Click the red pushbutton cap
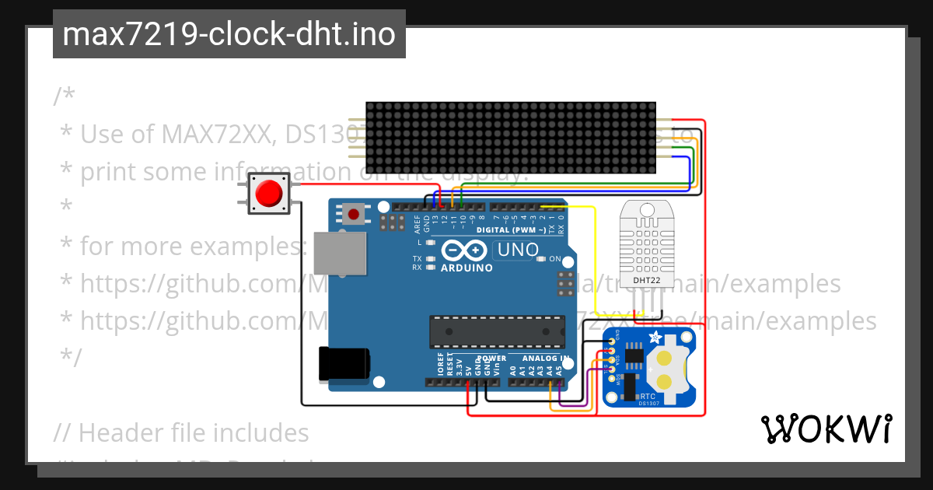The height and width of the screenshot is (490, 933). click(x=269, y=192)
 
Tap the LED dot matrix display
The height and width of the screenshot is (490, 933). click(x=512, y=138)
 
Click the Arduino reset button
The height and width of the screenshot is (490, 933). click(x=355, y=213)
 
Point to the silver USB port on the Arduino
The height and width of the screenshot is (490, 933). click(x=340, y=253)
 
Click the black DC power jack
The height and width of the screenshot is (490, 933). click(x=342, y=364)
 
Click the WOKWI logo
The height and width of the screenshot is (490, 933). click(x=826, y=429)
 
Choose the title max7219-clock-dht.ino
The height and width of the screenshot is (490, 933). click(x=229, y=35)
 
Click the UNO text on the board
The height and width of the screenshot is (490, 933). click(x=518, y=250)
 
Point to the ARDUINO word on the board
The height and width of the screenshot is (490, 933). click(x=466, y=268)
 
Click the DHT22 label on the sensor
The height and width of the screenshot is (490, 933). click(x=641, y=281)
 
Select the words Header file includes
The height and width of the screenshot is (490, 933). click(x=194, y=432)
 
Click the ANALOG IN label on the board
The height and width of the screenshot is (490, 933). click(x=545, y=359)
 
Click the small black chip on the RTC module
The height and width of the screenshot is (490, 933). click(x=633, y=355)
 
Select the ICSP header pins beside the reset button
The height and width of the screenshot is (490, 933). click(x=391, y=223)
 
